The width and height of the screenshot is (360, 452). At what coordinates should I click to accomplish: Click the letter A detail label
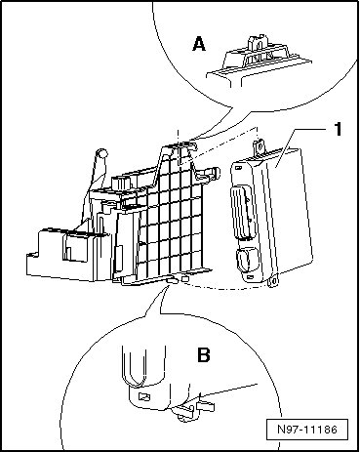[x=199, y=44]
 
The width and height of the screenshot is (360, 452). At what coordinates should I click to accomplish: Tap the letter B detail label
[x=204, y=355]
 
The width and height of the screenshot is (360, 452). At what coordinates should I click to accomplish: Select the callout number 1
[x=339, y=129]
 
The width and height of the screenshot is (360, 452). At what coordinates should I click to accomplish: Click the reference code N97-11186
[x=307, y=430]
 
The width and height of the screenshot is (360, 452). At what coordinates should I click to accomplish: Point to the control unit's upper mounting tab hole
[x=260, y=146]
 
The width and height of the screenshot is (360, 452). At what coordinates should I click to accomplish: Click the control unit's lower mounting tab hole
[x=275, y=281]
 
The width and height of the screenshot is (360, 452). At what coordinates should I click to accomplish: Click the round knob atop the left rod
[x=102, y=153]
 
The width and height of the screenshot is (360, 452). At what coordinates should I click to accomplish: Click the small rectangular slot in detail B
[x=144, y=396]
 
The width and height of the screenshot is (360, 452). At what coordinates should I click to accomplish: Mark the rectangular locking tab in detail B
[x=205, y=407]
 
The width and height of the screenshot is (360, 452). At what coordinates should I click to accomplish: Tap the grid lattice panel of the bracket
[x=172, y=215]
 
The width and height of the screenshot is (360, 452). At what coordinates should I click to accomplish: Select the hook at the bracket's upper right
[x=210, y=174]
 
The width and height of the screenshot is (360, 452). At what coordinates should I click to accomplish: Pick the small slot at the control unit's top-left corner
[x=238, y=168]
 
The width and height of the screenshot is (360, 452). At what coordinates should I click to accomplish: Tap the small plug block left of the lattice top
[x=121, y=184]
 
